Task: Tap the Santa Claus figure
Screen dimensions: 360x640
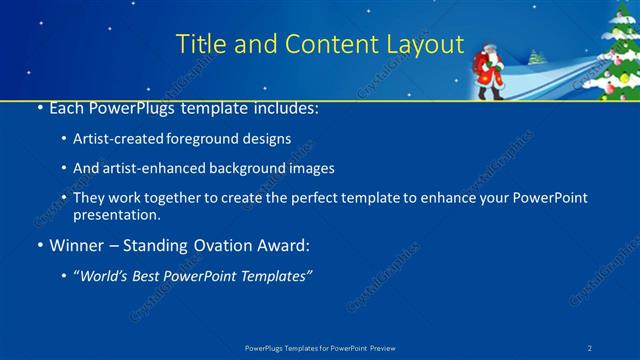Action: (x=489, y=69)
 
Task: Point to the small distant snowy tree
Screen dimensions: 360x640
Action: (x=538, y=57)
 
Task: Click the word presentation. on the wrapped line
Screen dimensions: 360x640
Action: (x=116, y=214)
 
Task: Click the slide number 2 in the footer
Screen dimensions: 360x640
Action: (x=591, y=347)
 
